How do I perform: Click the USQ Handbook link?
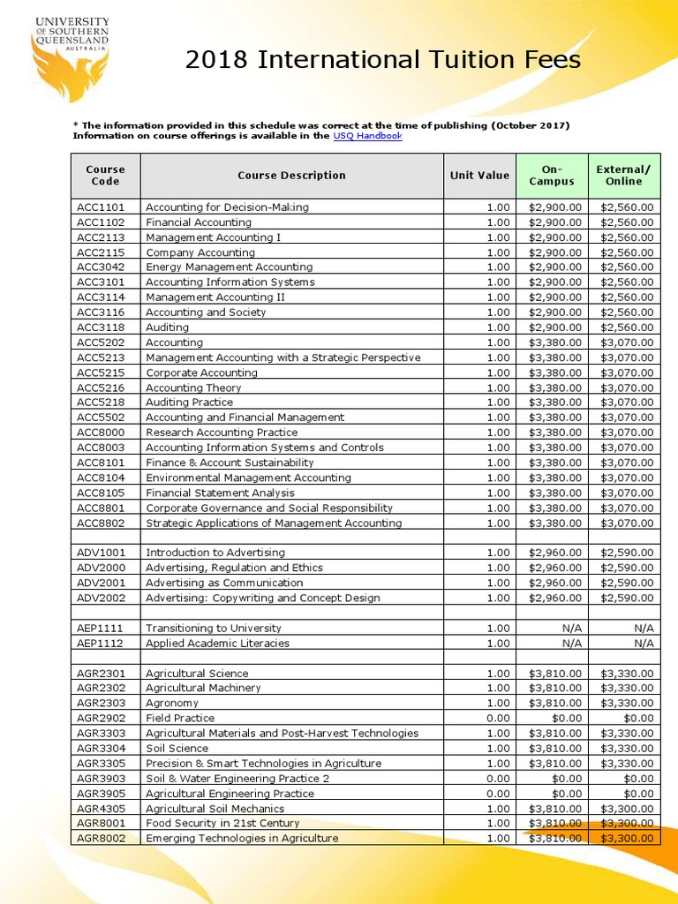click(x=367, y=136)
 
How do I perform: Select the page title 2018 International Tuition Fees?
click(x=383, y=60)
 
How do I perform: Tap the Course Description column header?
click(x=291, y=175)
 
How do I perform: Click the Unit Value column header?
click(x=479, y=175)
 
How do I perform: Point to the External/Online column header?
click(x=623, y=175)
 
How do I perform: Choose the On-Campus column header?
click(x=552, y=175)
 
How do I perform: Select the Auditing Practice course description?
click(x=189, y=403)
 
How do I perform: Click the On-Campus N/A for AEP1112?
click(x=569, y=644)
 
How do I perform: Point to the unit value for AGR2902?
click(x=498, y=719)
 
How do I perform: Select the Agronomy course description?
click(x=172, y=704)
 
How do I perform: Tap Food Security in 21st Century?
click(x=222, y=824)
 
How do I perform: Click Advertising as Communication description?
click(x=223, y=583)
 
